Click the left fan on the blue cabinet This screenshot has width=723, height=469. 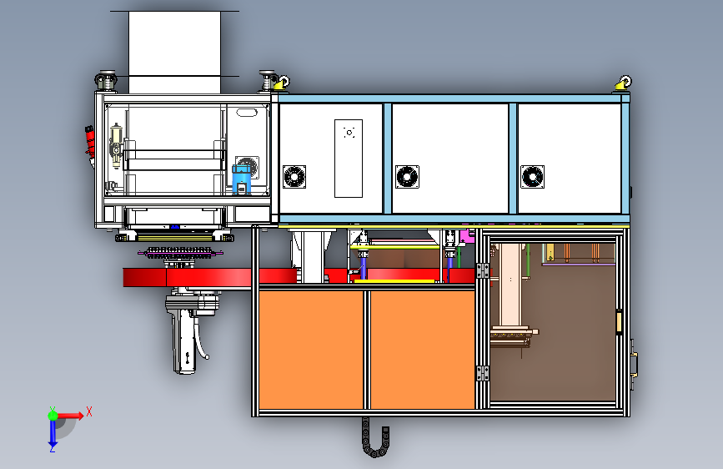[x=294, y=177]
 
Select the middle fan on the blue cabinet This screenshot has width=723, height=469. [x=406, y=177]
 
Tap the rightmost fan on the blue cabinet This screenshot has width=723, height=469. [x=532, y=177]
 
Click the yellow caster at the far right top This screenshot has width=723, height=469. [x=622, y=83]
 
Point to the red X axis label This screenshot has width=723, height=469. [x=88, y=411]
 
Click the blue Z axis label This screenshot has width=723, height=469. [x=52, y=447]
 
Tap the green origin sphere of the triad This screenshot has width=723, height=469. [x=52, y=414]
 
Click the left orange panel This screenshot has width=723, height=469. [x=312, y=349]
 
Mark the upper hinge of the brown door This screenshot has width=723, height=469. [x=483, y=272]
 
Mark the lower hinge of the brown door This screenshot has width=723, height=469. [x=483, y=372]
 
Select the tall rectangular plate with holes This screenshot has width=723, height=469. [x=349, y=159]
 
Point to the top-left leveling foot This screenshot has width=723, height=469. [x=106, y=81]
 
